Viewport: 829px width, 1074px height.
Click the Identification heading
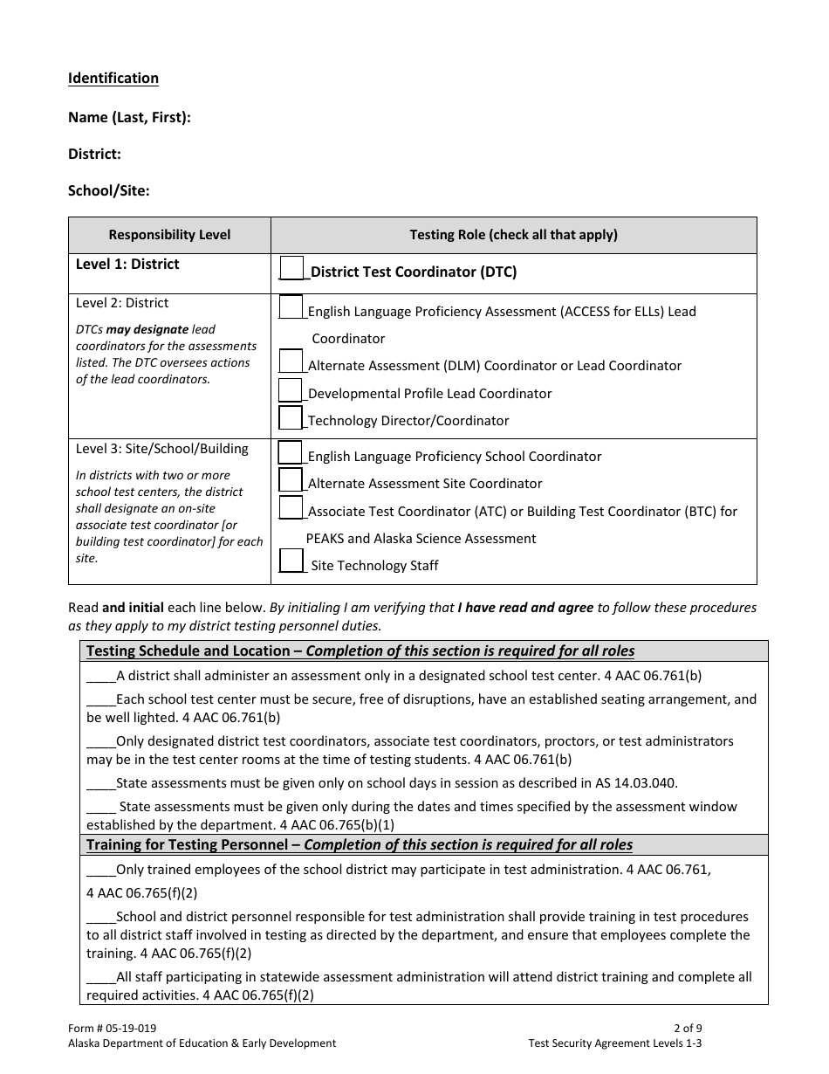(x=113, y=79)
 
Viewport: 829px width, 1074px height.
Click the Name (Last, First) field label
(x=129, y=117)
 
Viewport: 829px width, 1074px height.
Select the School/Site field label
(x=109, y=190)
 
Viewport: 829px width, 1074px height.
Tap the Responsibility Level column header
(x=169, y=235)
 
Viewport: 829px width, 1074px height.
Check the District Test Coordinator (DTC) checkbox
(x=291, y=268)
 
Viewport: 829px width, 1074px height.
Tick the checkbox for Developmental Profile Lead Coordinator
(x=291, y=389)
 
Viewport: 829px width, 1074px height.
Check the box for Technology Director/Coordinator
(x=291, y=417)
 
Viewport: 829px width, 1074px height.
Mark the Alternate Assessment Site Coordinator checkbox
(x=291, y=480)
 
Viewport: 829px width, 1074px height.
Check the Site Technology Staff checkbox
(x=291, y=561)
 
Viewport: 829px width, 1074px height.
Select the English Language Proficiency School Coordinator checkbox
(x=291, y=452)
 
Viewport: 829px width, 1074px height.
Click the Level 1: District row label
(x=127, y=264)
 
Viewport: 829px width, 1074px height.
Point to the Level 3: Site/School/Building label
(x=162, y=449)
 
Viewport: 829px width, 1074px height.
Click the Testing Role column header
(x=513, y=235)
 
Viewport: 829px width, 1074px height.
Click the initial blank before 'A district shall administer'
(x=101, y=676)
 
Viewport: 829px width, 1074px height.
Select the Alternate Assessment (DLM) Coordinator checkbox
(x=291, y=361)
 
